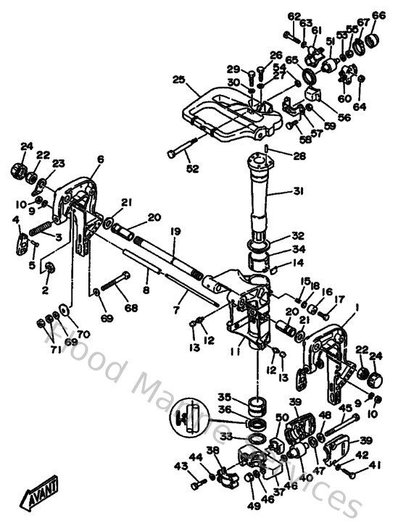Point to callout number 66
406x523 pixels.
[x=378, y=15]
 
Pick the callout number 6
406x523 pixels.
[x=100, y=159]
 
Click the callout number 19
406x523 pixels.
[x=175, y=231]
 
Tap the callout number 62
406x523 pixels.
[x=293, y=16]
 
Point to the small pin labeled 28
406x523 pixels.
[x=267, y=148]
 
